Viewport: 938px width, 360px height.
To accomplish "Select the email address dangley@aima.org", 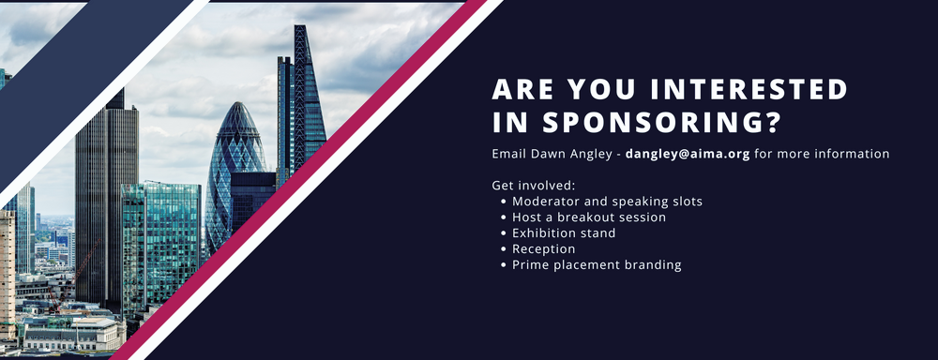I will pyautogui.click(x=688, y=154).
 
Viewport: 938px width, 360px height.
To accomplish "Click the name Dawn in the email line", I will pyautogui.click(x=553, y=154).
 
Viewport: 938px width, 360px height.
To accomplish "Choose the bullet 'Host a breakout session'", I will pyautogui.click(x=589, y=217).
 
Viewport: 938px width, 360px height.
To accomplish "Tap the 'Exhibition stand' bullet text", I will pyautogui.click(x=564, y=233).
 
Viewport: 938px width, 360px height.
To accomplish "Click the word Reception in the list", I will pyautogui.click(x=544, y=249).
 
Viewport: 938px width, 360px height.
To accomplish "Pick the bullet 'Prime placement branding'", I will pyautogui.click(x=597, y=265).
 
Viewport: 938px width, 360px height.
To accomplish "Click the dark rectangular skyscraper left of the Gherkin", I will pyautogui.click(x=106, y=187).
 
